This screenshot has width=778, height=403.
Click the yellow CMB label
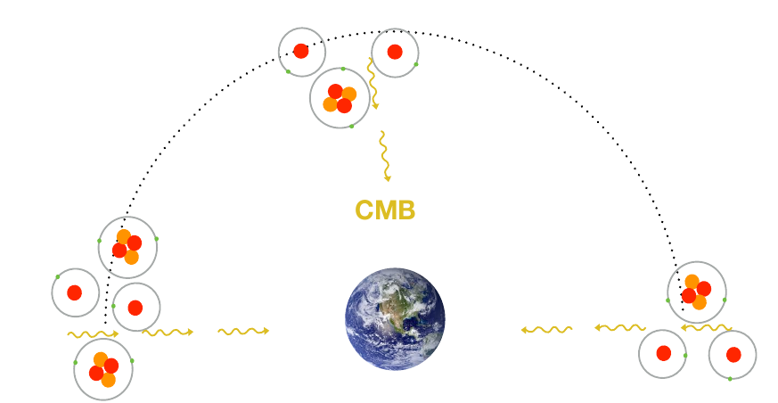click(385, 210)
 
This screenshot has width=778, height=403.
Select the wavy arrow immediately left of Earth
click(243, 332)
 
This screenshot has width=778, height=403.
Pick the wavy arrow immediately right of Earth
click(546, 330)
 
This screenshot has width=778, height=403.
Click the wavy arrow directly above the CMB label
click(384, 156)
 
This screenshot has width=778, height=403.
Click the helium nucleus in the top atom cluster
click(340, 98)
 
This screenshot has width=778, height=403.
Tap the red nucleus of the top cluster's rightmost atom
click(395, 52)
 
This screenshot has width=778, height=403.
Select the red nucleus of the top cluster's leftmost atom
click(301, 51)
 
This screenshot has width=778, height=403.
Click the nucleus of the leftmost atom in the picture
click(75, 292)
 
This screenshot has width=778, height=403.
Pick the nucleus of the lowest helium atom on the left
click(103, 370)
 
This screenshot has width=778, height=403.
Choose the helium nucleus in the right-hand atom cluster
click(696, 292)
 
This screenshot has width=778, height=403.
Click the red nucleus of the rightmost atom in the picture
click(733, 355)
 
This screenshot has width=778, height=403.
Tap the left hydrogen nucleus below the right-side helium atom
click(663, 353)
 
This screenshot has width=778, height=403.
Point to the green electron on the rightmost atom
click(730, 379)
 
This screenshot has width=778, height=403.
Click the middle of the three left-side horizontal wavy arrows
click(168, 333)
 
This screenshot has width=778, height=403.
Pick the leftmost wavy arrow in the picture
click(93, 334)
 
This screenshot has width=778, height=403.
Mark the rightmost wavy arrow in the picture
click(707, 328)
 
